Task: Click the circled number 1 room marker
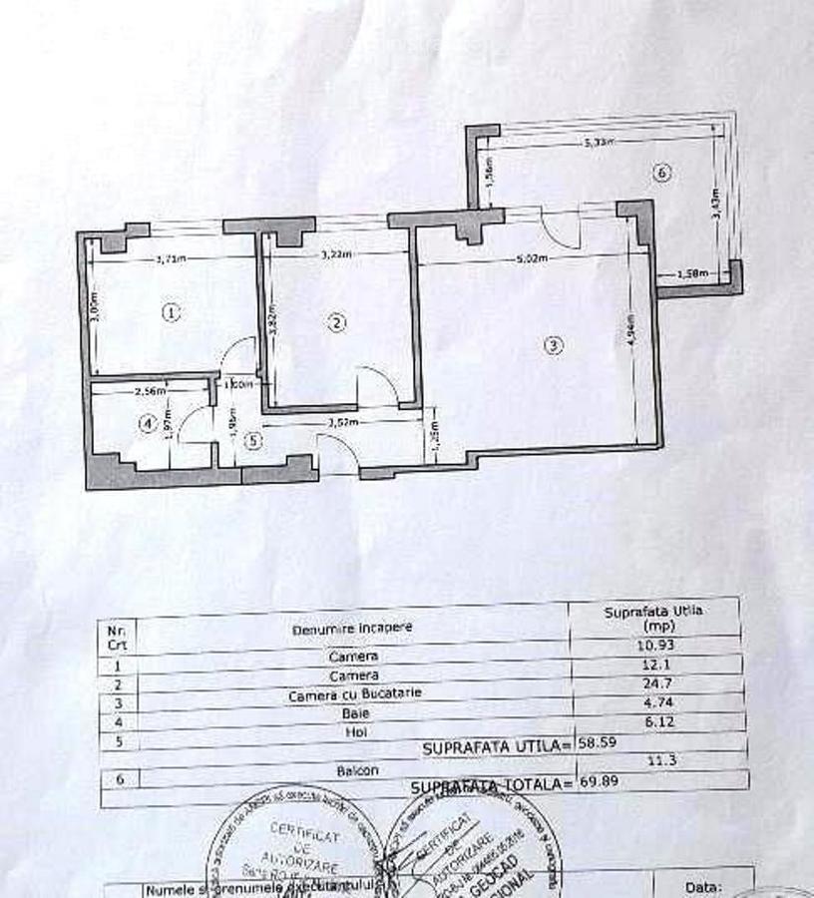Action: coord(172,312)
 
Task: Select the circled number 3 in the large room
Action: coord(555,346)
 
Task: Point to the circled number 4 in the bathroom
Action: coord(148,424)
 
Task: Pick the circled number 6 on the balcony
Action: coord(661,174)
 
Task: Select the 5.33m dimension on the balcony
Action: coord(599,142)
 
